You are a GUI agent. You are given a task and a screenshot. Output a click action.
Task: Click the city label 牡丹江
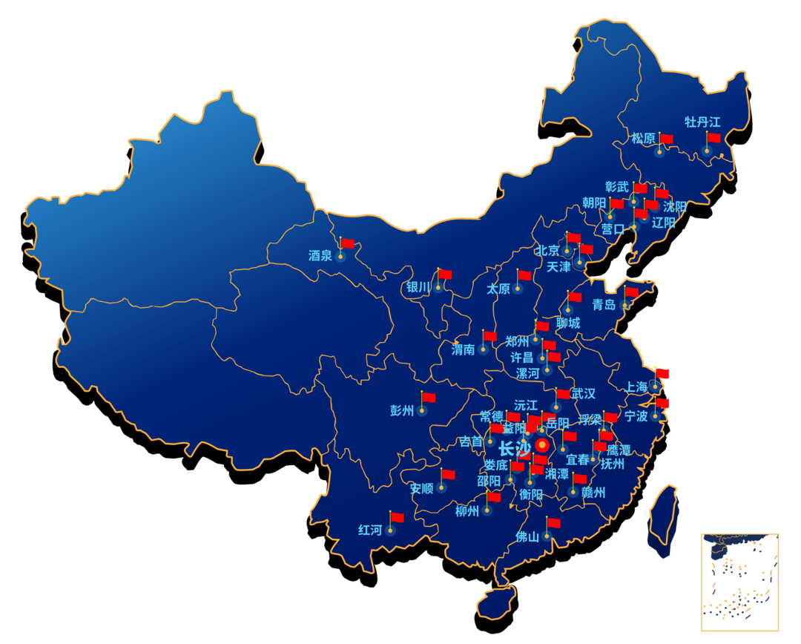pos(702,122)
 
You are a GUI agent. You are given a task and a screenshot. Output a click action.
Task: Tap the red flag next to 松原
pos(667,139)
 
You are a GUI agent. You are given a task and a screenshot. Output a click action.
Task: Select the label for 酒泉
pos(320,256)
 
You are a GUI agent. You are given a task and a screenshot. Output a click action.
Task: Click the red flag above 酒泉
pos(348,243)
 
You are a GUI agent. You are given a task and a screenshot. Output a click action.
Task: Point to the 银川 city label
pos(418,287)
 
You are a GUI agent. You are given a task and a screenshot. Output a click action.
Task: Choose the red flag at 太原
pos(525,275)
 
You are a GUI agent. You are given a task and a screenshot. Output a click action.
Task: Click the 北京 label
pos(548,250)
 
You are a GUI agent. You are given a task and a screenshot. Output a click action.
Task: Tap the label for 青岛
pos(604,305)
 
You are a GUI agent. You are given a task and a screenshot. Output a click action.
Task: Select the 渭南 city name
pos(463,349)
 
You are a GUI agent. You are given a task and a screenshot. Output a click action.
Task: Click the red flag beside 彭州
pos(429,397)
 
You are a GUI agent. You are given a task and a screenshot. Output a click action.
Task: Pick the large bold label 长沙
pos(514,449)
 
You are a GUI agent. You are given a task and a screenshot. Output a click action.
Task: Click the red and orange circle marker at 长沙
pos(542,445)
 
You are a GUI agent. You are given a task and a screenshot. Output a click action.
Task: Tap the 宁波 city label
pos(636,416)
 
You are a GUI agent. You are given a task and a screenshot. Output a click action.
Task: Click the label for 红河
pos(370,530)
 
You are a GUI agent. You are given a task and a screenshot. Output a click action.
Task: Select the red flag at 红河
pos(398,517)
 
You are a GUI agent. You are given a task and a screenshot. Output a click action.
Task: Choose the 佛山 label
pos(527,536)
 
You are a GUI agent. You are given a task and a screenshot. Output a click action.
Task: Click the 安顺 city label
pos(421,488)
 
